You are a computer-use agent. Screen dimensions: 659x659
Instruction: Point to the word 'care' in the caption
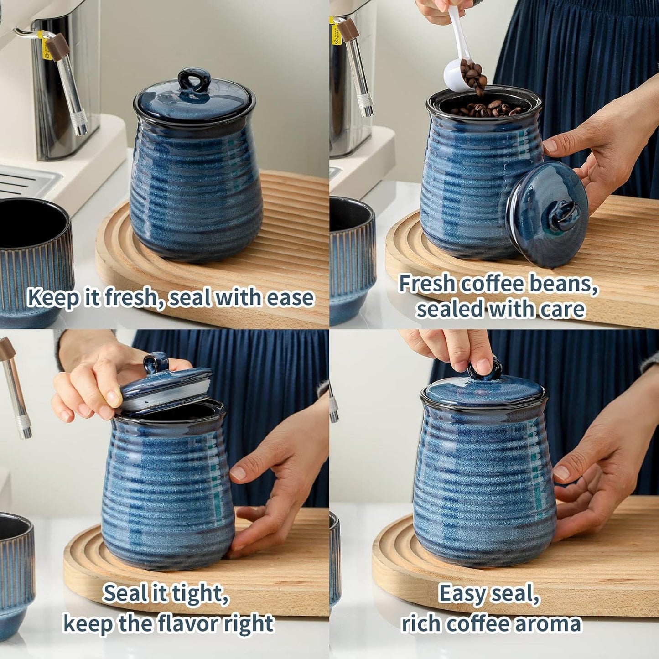pyautogui.click(x=562, y=309)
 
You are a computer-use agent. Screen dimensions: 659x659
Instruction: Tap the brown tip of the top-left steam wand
pyautogui.click(x=58, y=47)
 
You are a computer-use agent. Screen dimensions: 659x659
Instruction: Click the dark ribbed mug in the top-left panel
pyautogui.click(x=32, y=255)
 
